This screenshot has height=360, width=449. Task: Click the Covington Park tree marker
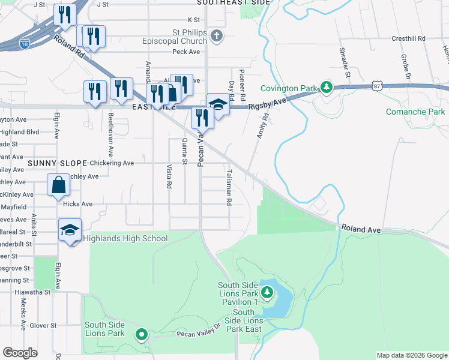326,88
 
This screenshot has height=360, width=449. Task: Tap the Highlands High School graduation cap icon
70,231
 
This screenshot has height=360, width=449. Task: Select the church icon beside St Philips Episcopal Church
218,37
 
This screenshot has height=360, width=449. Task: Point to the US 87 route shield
376,87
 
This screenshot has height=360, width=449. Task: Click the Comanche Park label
415,112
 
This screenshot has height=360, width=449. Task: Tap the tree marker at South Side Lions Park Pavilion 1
267,293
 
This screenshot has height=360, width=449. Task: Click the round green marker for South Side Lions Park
142,334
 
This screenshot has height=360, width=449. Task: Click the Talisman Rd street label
229,187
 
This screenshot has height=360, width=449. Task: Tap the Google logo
20,353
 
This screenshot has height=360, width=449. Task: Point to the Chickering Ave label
111,163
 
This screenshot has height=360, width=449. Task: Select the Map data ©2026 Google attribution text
411,355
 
